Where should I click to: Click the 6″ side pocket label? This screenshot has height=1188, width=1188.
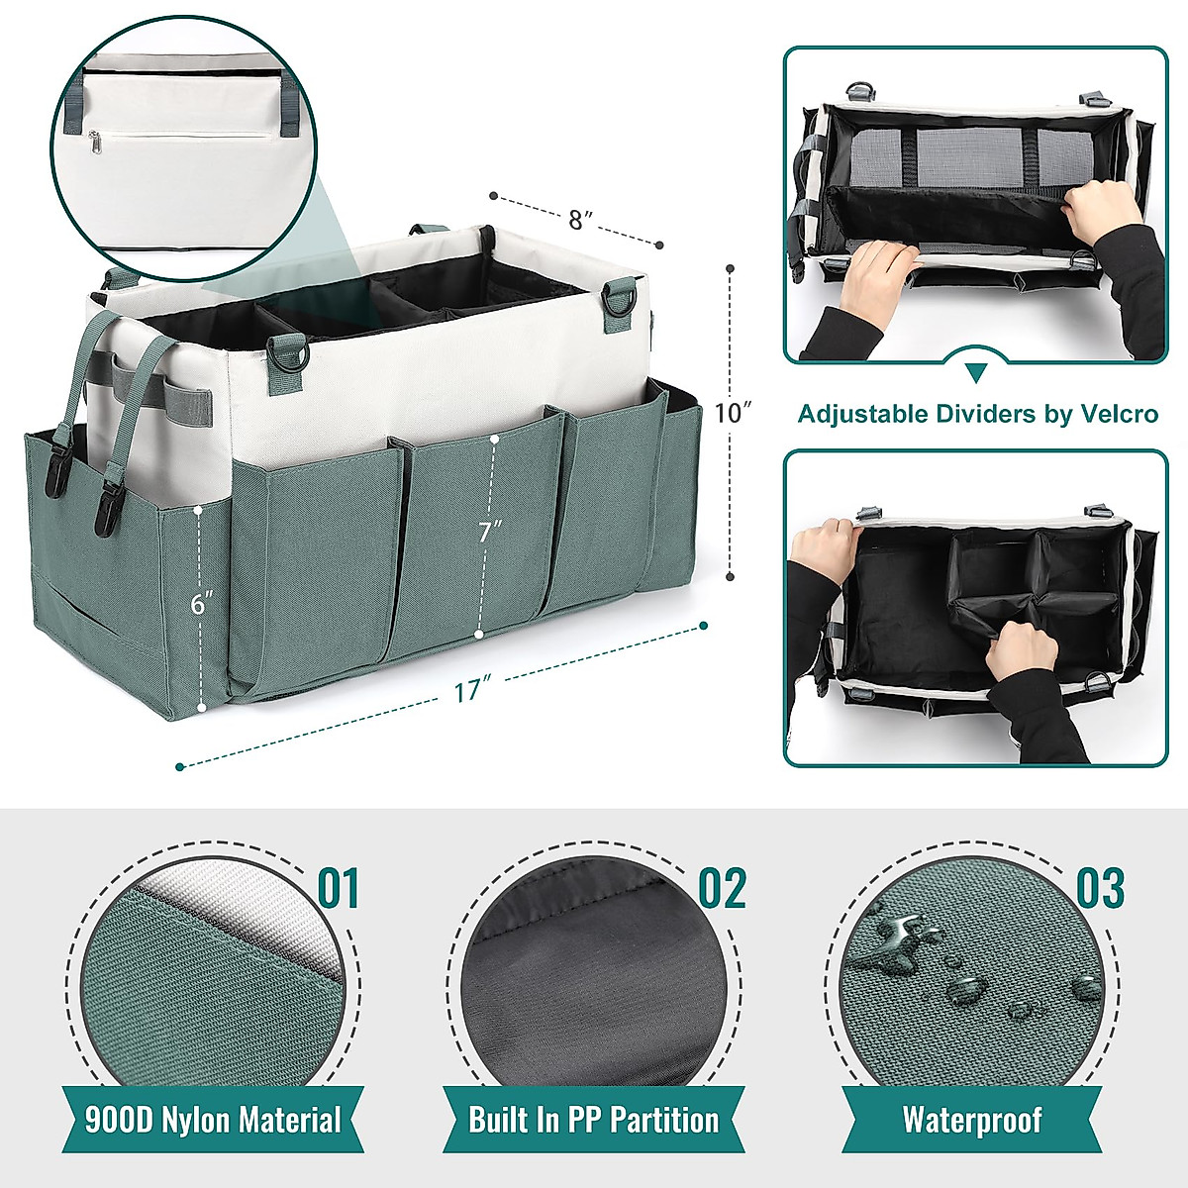pyautogui.click(x=203, y=604)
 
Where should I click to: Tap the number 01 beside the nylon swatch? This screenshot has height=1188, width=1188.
pyautogui.click(x=338, y=889)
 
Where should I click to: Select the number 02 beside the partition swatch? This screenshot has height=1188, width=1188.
pyautogui.click(x=722, y=889)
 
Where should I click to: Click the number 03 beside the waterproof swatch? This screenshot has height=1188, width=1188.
pyautogui.click(x=1100, y=889)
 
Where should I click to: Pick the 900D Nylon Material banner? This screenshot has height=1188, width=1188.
pyautogui.click(x=213, y=1120)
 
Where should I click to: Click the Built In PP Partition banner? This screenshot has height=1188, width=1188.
pyautogui.click(x=593, y=1120)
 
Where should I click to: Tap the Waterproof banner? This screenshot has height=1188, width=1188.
pyautogui.click(x=972, y=1120)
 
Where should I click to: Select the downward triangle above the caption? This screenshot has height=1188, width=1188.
pyautogui.click(x=976, y=372)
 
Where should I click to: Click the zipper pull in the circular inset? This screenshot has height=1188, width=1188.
pyautogui.click(x=95, y=144)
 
